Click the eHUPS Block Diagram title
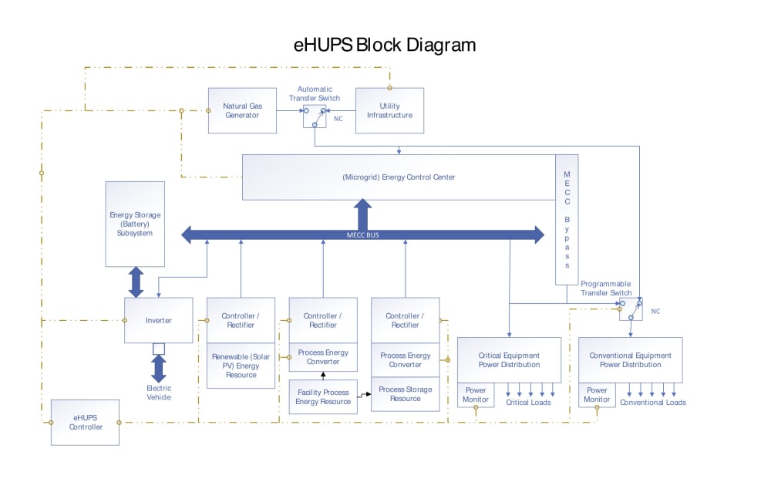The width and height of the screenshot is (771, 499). (385, 45)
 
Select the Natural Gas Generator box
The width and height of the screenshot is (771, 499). (241, 110)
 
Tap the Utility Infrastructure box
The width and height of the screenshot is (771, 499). (389, 110)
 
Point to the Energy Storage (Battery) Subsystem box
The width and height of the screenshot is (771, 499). (135, 224)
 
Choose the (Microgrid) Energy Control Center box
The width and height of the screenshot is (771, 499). (399, 177)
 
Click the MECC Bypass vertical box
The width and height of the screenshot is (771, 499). (567, 220)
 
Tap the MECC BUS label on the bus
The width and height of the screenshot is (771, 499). (363, 235)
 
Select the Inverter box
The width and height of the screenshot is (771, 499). (158, 320)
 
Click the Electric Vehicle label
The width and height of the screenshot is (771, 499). (159, 393)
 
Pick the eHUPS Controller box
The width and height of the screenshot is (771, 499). (85, 422)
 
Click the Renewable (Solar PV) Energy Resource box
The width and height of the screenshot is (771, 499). (241, 366)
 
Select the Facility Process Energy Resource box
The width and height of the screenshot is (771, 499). (323, 396)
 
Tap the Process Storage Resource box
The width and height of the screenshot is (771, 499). (405, 393)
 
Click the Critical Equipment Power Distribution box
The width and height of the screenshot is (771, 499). (509, 359)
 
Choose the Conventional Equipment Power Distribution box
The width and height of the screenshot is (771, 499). (630, 359)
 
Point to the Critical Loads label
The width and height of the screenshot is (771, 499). (528, 403)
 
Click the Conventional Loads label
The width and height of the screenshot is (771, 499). (652, 403)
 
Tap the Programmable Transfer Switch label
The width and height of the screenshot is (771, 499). (606, 288)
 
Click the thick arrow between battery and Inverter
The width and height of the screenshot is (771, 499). (136, 282)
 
